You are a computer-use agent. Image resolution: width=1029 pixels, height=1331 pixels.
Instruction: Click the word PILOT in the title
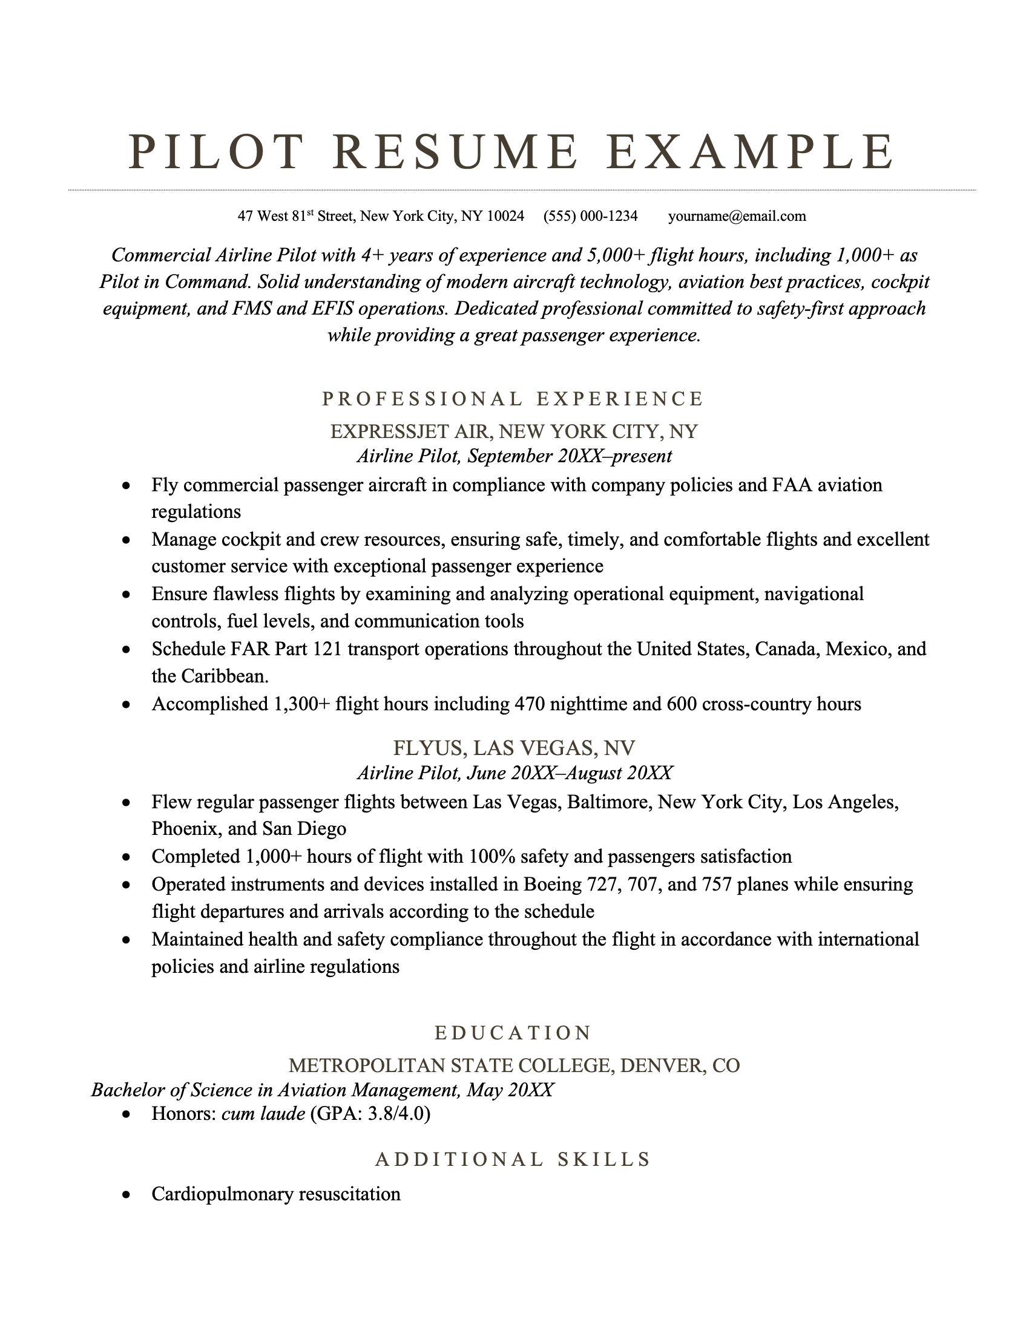[217, 152]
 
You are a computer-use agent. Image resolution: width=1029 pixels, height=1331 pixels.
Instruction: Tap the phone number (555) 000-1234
[590, 216]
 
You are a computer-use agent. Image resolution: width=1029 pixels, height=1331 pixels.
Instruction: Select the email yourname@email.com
[737, 216]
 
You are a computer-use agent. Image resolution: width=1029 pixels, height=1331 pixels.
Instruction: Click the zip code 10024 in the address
[505, 216]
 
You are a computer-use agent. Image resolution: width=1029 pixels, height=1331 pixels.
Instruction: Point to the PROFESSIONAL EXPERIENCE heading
[513, 399]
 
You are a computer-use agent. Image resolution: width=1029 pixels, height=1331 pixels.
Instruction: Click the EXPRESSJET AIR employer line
[513, 431]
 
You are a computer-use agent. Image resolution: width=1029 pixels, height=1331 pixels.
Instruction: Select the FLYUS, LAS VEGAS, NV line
[513, 748]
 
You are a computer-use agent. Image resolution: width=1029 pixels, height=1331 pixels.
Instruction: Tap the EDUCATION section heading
[513, 1033]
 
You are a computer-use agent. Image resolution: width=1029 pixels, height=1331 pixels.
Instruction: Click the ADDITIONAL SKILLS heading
[513, 1159]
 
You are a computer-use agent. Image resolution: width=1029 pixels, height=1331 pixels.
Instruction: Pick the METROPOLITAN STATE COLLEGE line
[513, 1065]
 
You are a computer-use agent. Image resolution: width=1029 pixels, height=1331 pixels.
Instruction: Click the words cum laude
[263, 1114]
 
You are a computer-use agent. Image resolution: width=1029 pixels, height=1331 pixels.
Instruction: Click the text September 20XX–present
[570, 456]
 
